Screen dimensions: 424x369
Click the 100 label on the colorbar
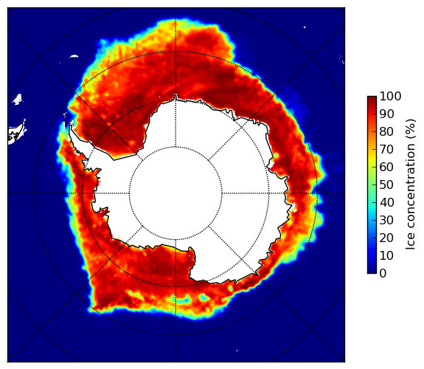(x=390, y=97)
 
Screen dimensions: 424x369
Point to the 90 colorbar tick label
(x=386, y=114)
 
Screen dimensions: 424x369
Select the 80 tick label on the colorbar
(x=386, y=132)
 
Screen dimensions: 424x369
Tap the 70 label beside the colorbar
(x=386, y=149)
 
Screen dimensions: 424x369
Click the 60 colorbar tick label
(x=386, y=167)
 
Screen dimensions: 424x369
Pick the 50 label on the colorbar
(x=386, y=185)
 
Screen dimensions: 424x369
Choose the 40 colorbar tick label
(x=386, y=202)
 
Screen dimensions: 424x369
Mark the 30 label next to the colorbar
(x=386, y=221)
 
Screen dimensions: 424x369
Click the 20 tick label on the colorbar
(x=386, y=238)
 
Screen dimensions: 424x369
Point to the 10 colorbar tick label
(x=386, y=255)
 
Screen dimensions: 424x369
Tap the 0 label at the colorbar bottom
(x=383, y=274)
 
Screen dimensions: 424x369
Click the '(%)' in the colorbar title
(x=411, y=129)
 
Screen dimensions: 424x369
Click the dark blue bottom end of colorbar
(x=372, y=272)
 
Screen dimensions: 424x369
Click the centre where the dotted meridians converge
(x=175, y=193)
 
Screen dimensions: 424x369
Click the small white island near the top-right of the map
(x=305, y=27)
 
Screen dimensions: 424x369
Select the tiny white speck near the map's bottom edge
(x=237, y=351)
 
